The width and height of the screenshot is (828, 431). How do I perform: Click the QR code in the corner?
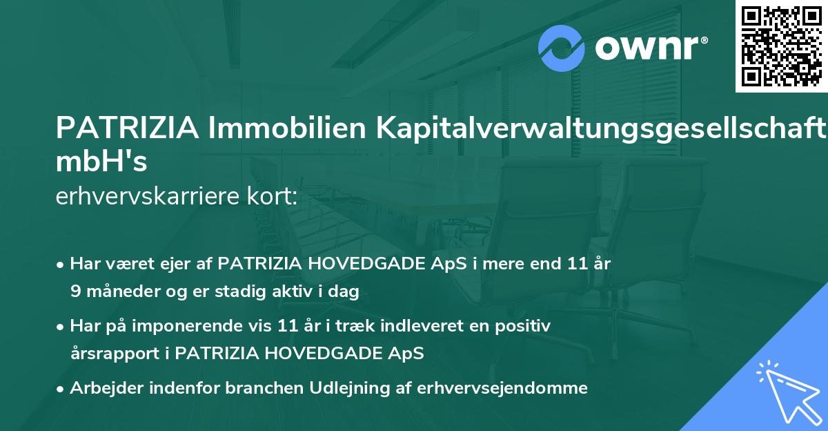point(781,46)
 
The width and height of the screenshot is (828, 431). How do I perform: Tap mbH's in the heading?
point(101,162)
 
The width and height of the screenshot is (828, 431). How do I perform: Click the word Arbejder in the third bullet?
point(102,388)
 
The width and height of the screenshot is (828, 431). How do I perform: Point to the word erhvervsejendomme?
point(502,388)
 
